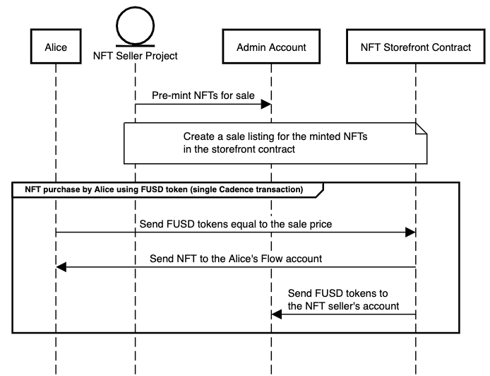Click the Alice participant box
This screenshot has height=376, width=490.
(x=55, y=47)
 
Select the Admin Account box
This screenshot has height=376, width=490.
(x=271, y=47)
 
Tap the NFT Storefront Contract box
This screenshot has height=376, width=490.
(x=415, y=47)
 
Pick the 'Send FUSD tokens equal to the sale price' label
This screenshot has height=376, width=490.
(x=237, y=223)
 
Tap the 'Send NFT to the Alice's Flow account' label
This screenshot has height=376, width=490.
(x=236, y=258)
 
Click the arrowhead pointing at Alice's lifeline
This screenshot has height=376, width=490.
(x=61, y=267)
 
